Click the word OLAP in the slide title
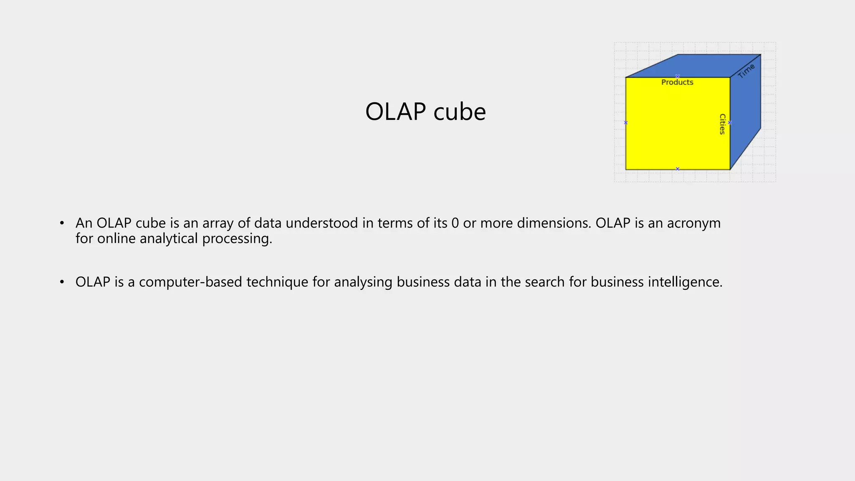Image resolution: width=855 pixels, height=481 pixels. coord(395,111)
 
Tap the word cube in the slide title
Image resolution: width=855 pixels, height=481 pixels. coord(460,111)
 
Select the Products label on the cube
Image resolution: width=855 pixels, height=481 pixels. coord(677,82)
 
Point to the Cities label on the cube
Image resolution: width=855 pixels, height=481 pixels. coord(722,124)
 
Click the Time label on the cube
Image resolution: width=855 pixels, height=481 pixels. coord(746,71)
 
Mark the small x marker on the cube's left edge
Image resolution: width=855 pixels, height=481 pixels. coord(626,123)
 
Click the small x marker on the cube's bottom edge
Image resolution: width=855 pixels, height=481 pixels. coord(678,169)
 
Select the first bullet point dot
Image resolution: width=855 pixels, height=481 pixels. coord(62,223)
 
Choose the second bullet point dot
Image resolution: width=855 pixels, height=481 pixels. coord(62,282)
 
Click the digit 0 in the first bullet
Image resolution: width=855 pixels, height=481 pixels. coord(455,223)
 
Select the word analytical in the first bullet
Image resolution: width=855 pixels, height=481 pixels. coord(169,239)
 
